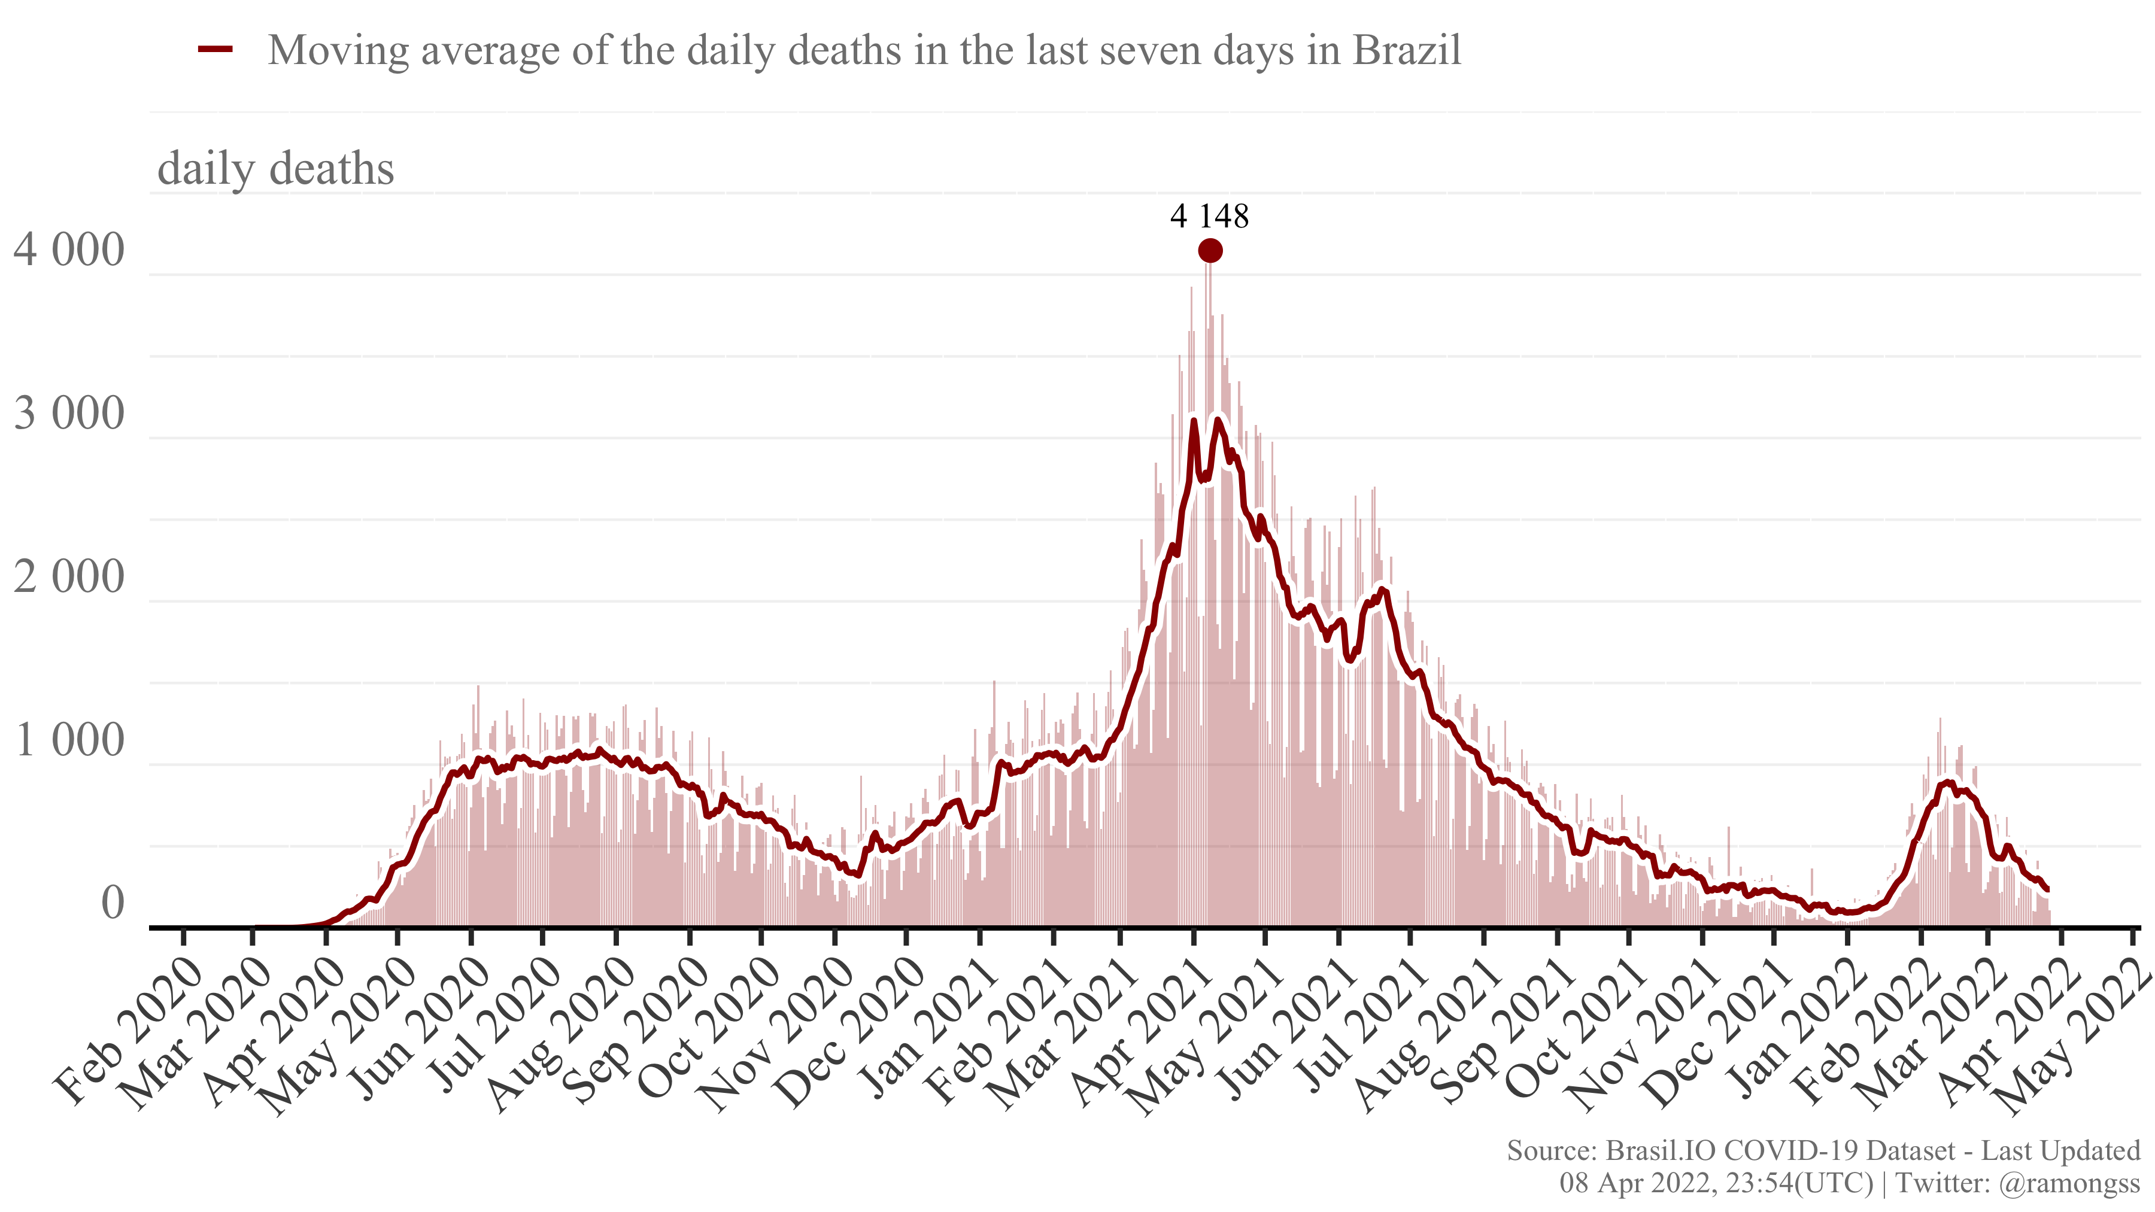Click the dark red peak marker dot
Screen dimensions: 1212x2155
(1210, 250)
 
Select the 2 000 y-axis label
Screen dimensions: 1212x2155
(69, 576)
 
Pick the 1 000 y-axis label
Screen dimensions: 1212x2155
(69, 740)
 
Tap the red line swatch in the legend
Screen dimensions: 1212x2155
(215, 50)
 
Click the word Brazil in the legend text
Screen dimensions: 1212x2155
(1407, 50)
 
